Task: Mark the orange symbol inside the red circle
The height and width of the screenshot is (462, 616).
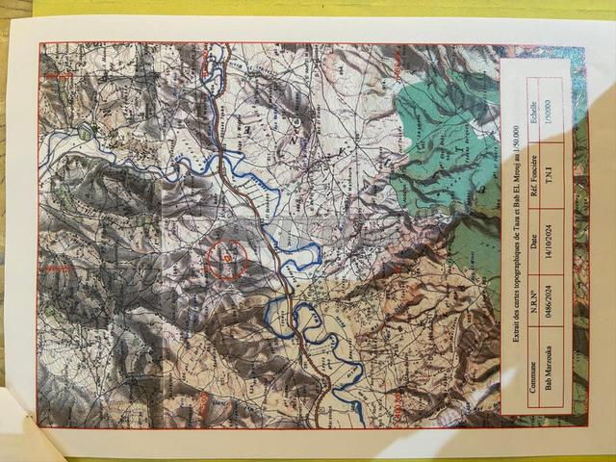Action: coord(227,258)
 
